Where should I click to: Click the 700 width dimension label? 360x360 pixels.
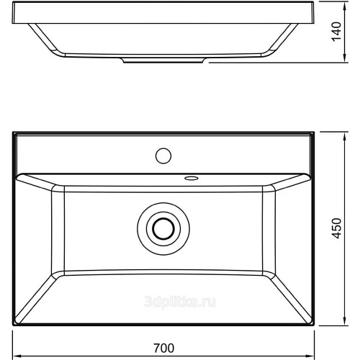[x=164, y=348]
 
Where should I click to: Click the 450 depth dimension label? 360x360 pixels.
[x=337, y=228]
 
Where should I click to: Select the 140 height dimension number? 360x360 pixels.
[x=337, y=32]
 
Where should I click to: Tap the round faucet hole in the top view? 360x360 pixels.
[x=163, y=156]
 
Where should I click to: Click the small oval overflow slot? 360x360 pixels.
[x=191, y=178]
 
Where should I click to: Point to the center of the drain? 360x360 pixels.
[x=163, y=228]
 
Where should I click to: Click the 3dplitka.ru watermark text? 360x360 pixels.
[x=180, y=302]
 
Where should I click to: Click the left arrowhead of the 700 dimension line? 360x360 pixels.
[x=15, y=356]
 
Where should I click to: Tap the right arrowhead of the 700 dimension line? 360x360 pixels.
[x=311, y=356]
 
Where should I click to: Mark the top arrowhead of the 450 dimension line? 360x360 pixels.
[x=345, y=135]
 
